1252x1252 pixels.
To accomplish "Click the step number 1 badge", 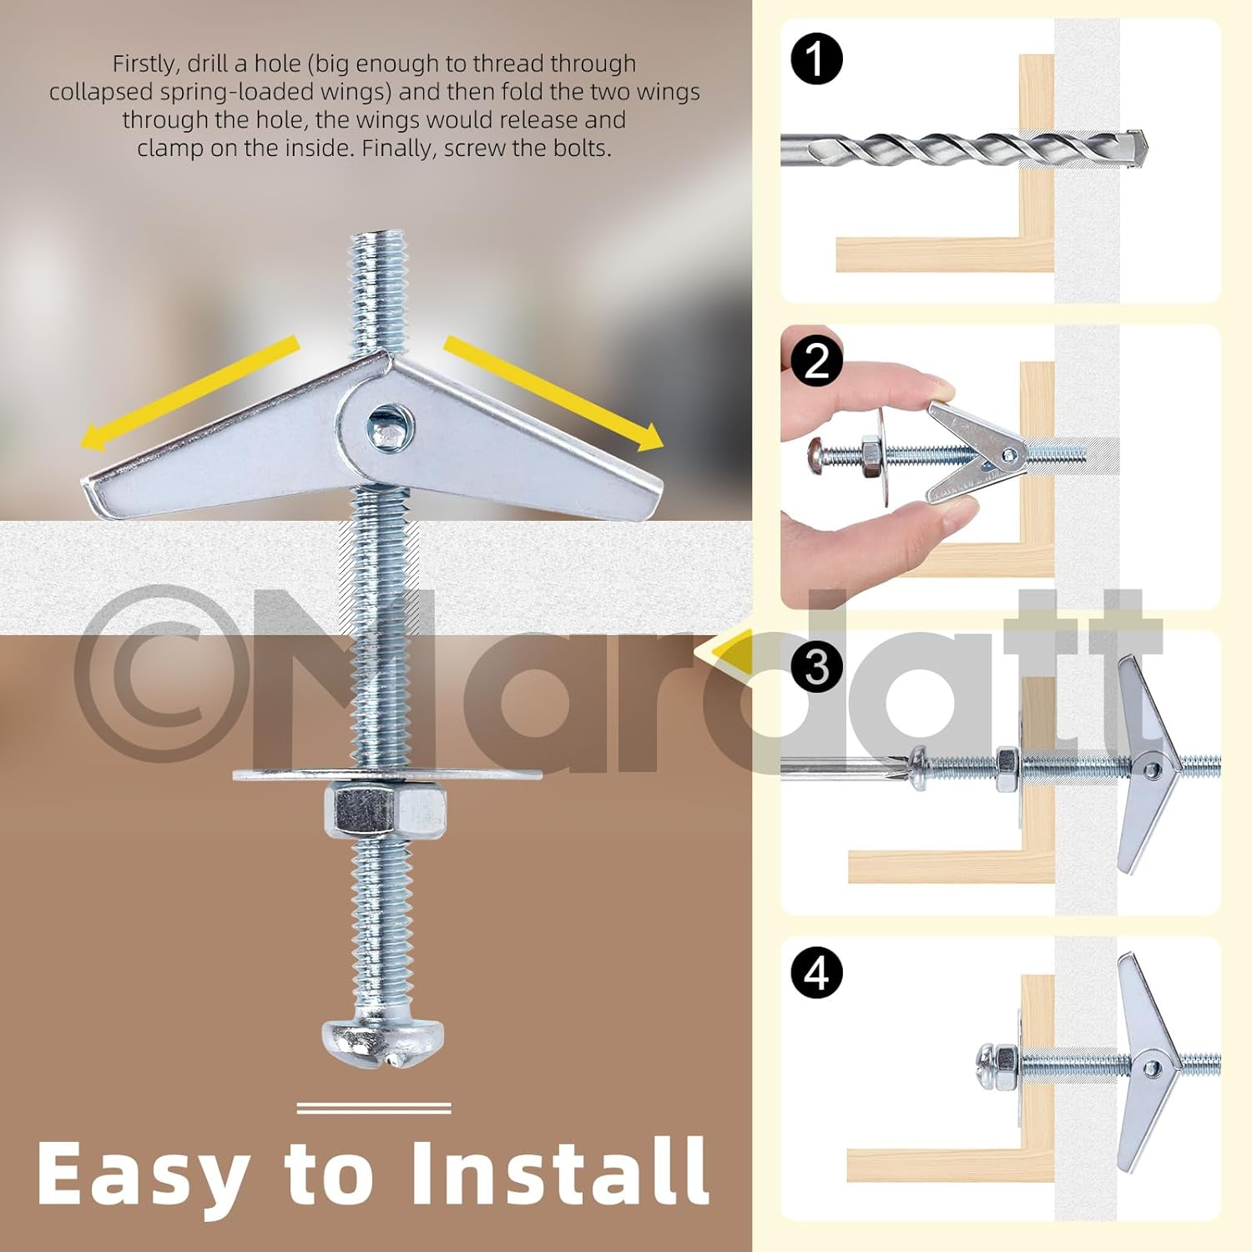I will (x=816, y=59).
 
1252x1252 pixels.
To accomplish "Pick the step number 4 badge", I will (x=816, y=972).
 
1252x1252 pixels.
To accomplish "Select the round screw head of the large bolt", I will (x=383, y=1040).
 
